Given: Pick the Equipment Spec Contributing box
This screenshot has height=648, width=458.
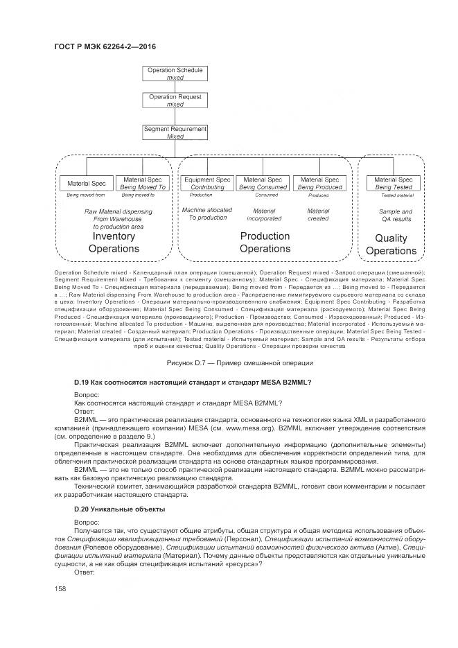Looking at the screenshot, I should point(207,183).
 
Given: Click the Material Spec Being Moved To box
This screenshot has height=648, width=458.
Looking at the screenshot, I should point(143,183).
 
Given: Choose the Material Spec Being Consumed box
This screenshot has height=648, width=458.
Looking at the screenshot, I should point(263,183).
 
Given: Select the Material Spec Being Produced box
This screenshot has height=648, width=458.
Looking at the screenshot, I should point(319,183).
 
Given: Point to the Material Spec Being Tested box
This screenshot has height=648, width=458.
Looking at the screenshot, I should point(394,183).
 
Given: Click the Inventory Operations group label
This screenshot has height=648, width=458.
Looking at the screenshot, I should point(116,243).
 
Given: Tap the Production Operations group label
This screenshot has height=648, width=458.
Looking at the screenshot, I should point(265,243).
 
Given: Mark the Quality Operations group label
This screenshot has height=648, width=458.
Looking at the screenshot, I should point(391,245).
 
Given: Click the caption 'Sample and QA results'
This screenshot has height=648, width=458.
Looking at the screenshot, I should point(395,216).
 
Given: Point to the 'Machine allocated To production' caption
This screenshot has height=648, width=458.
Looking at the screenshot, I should point(207,213).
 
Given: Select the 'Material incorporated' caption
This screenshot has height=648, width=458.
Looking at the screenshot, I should point(264,215).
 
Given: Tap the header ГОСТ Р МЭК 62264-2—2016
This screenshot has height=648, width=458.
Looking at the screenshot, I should point(105,46).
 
